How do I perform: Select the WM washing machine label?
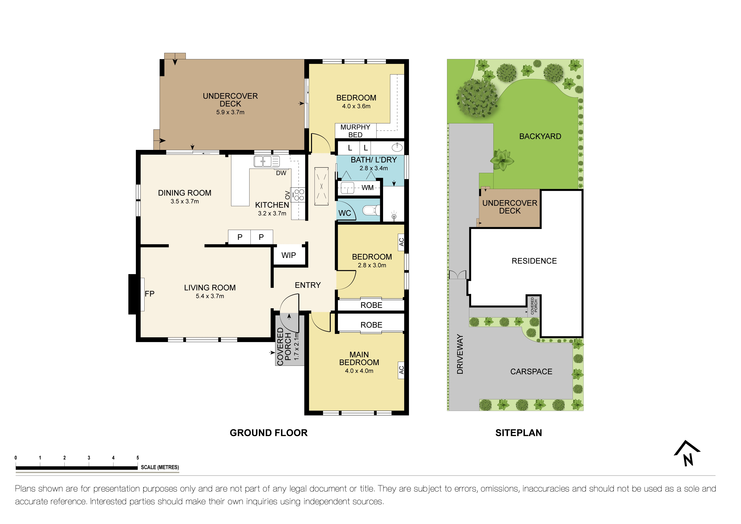[367, 188]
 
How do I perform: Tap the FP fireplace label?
[149, 294]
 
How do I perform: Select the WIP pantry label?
[289, 255]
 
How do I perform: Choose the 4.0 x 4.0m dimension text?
[359, 371]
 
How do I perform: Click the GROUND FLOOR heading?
[269, 433]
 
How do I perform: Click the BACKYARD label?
[540, 136]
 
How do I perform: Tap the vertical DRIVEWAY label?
[460, 354]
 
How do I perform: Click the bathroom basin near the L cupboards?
[397, 148]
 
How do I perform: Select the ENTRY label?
[308, 285]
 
